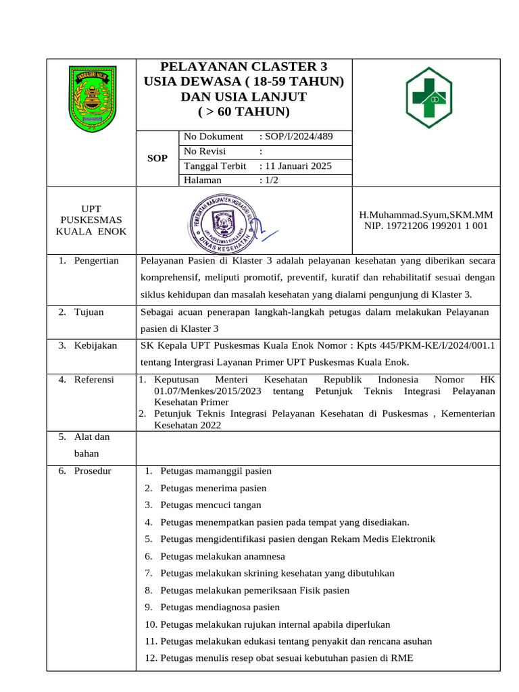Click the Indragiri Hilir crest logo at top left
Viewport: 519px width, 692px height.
[91, 99]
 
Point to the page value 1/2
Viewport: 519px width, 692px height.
[272, 180]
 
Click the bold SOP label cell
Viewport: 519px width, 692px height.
[157, 158]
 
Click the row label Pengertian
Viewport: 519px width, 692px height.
[96, 260]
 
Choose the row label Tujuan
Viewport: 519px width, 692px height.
[90, 312]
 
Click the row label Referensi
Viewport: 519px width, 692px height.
[94, 380]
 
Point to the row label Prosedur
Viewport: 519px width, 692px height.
[93, 470]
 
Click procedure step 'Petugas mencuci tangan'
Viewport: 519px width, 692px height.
[210, 505]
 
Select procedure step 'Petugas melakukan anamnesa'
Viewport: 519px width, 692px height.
[222, 556]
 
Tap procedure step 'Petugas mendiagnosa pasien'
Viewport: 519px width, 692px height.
[220, 607]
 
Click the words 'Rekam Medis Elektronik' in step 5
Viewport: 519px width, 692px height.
[382, 539]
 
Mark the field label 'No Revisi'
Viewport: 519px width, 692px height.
[205, 151]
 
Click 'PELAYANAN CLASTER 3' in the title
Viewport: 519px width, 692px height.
[243, 66]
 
